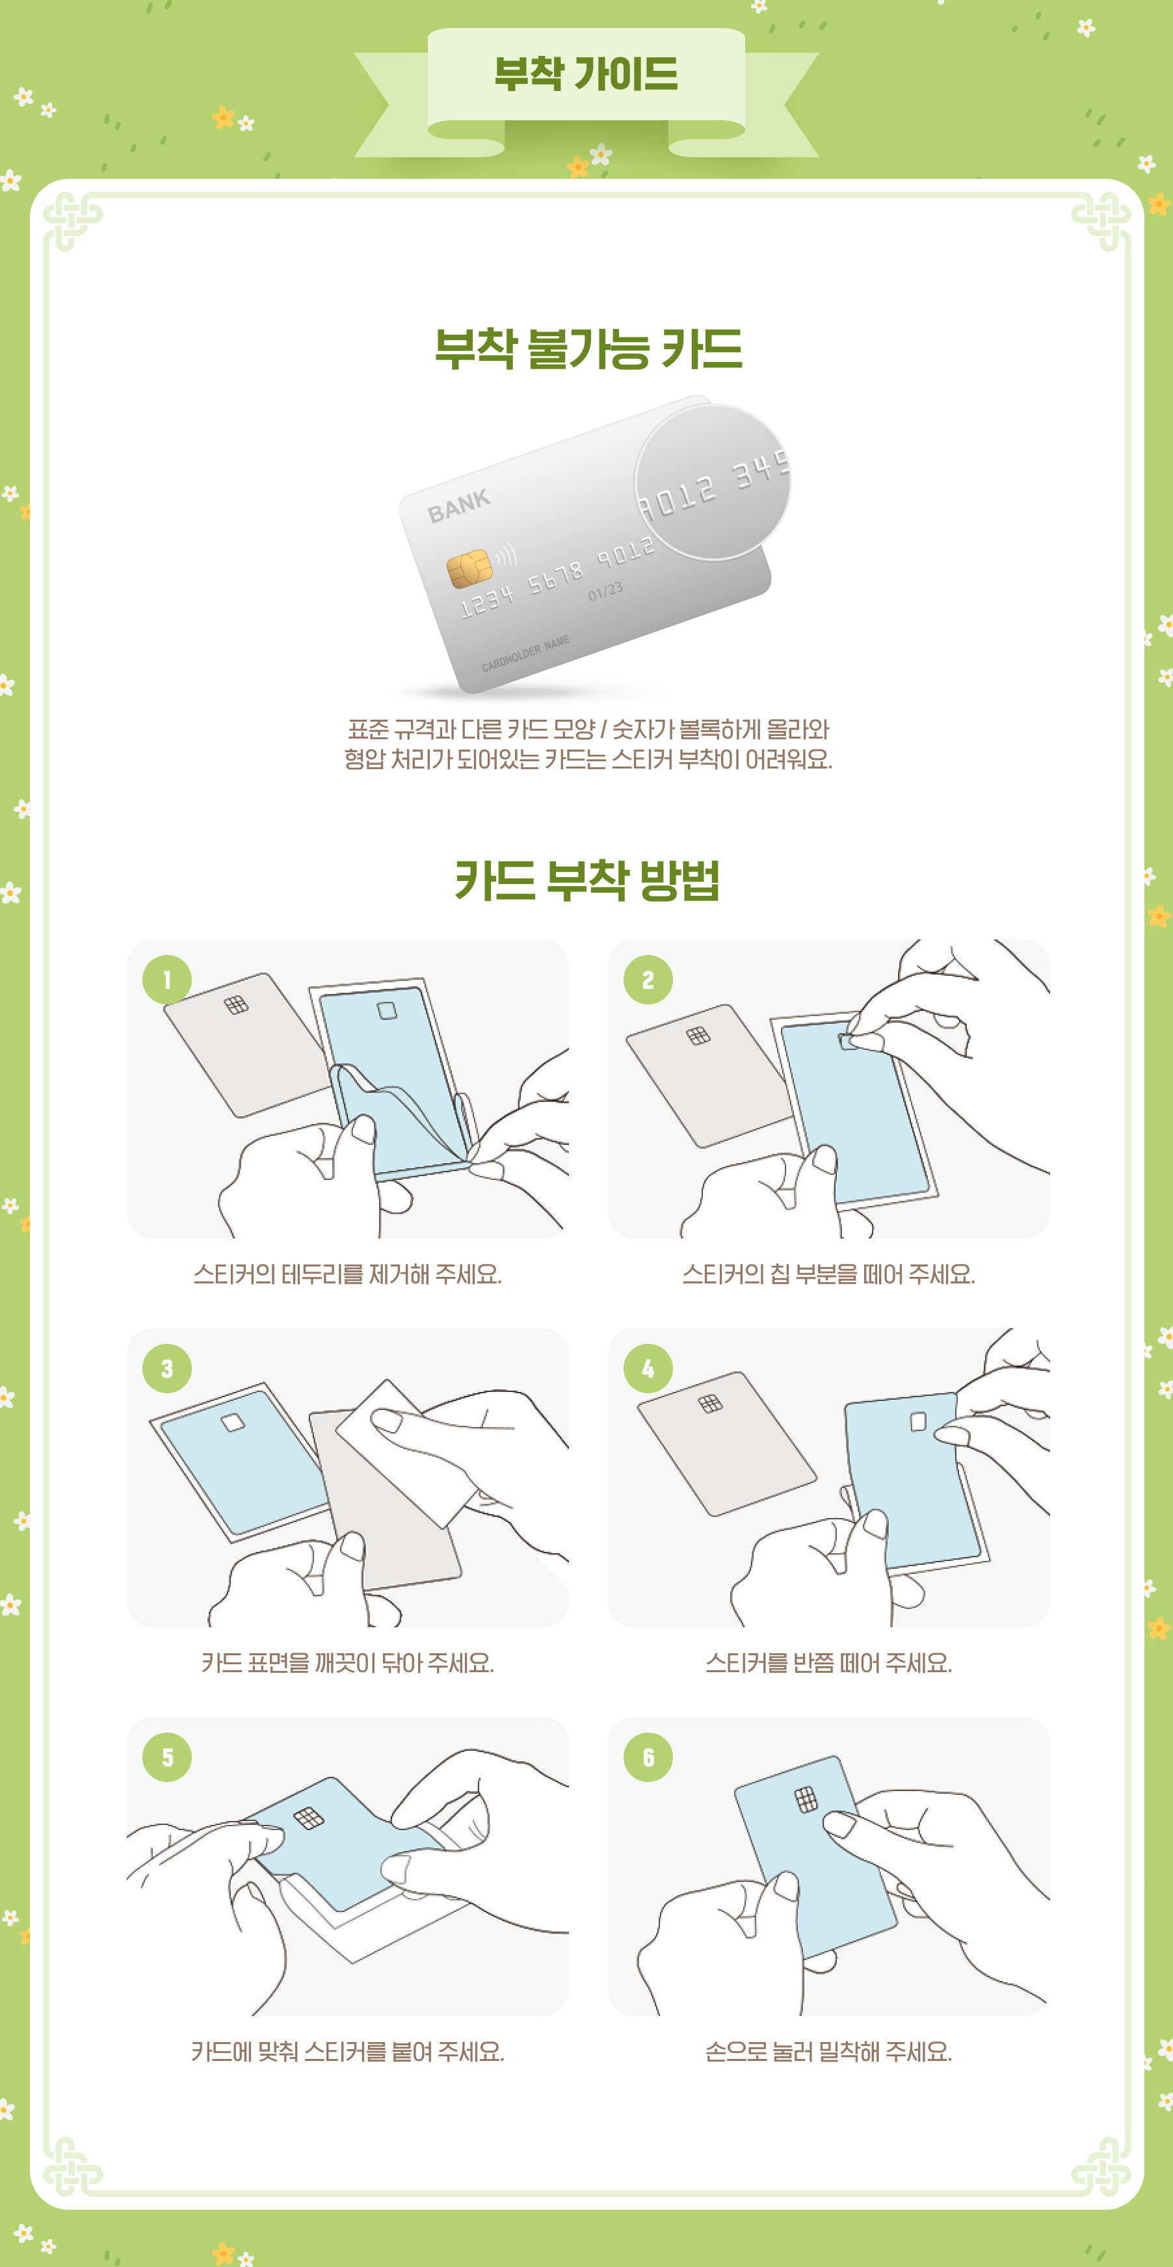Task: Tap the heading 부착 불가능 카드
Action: pos(588,348)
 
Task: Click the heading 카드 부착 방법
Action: pos(587,880)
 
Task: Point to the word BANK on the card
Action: pos(458,506)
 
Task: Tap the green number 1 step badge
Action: pos(167,980)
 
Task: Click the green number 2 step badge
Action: pos(648,980)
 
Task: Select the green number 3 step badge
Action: pos(167,1369)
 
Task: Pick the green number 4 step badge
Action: pos(648,1369)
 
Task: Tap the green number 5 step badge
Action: pos(167,1757)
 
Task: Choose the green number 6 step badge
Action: pos(648,1757)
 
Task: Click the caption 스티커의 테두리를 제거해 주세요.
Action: pos(348,1274)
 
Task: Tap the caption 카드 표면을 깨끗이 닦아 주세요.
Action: pos(348,1663)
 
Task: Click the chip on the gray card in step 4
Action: pos(710,1403)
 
